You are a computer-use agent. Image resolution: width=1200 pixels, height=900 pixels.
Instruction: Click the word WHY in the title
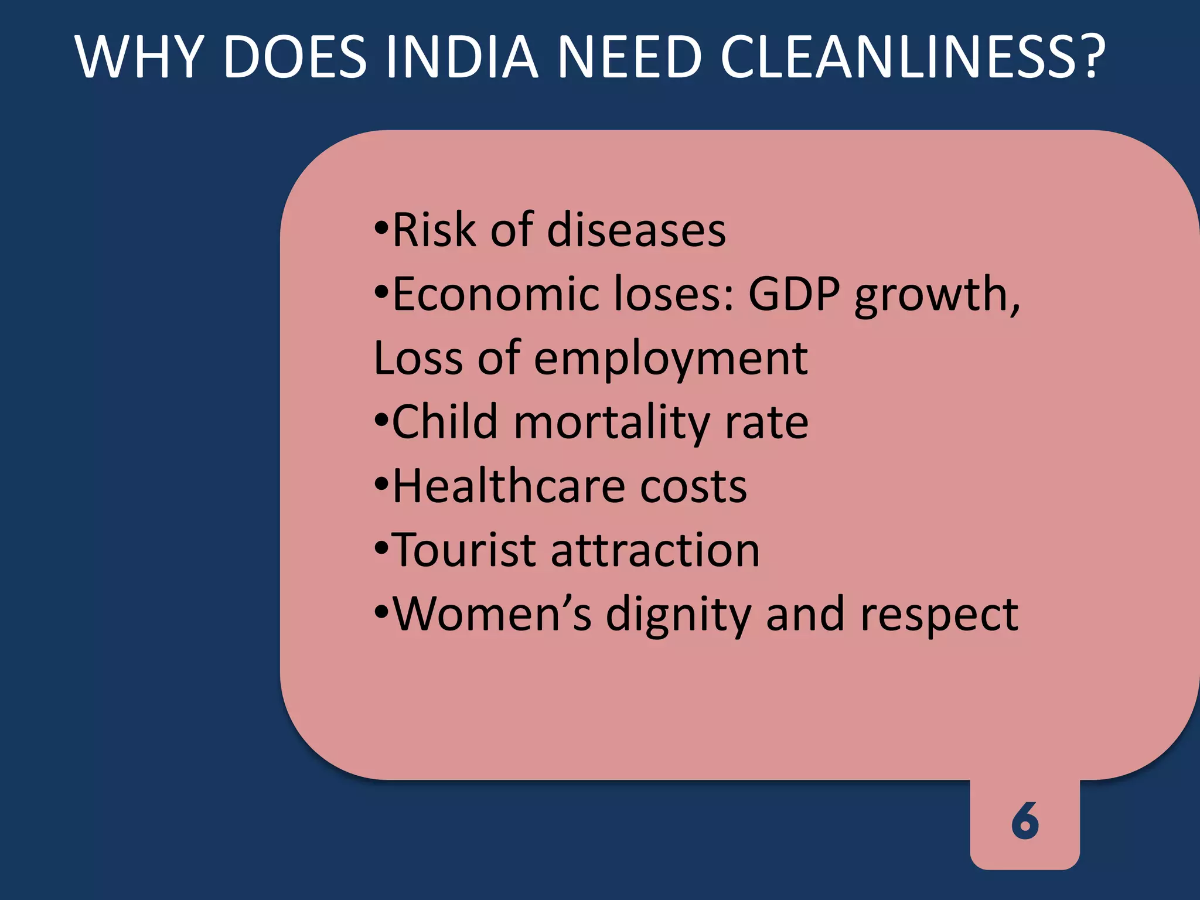139,57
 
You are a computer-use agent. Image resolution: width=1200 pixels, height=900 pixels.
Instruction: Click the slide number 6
1025,821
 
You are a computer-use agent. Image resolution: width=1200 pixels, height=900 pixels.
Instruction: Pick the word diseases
636,230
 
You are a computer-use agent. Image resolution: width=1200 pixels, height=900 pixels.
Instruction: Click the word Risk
434,230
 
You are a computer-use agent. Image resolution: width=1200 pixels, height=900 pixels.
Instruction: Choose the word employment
671,359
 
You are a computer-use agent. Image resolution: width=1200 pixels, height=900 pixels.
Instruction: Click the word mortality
612,422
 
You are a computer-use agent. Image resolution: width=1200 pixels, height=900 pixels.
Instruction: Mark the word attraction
655,551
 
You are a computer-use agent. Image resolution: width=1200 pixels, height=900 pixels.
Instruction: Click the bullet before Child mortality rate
381,421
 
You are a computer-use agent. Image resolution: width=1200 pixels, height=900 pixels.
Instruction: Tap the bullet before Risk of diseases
381,228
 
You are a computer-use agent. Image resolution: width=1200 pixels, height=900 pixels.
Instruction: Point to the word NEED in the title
629,57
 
